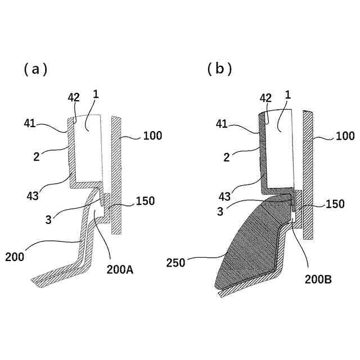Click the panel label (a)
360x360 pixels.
tap(35, 69)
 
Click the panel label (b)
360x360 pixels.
tap(219, 69)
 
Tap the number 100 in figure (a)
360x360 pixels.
tap(152, 136)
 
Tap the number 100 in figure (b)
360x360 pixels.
tap(345, 136)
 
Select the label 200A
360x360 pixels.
tap(120, 269)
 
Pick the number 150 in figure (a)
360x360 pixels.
tap(145, 201)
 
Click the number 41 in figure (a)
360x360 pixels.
tap(30, 122)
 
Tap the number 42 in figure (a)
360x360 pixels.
tap(74, 97)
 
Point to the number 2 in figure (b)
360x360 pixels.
tap(227, 159)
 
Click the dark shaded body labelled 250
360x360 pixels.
tap(247, 247)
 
